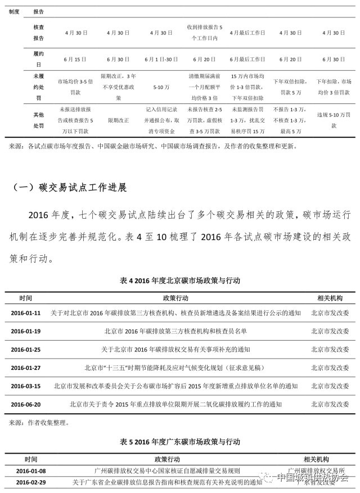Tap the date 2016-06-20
click(x=26, y=404)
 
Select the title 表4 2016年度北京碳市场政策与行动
click(x=180, y=280)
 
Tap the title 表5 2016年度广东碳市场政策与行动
click(x=180, y=442)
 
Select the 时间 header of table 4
click(x=26, y=297)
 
